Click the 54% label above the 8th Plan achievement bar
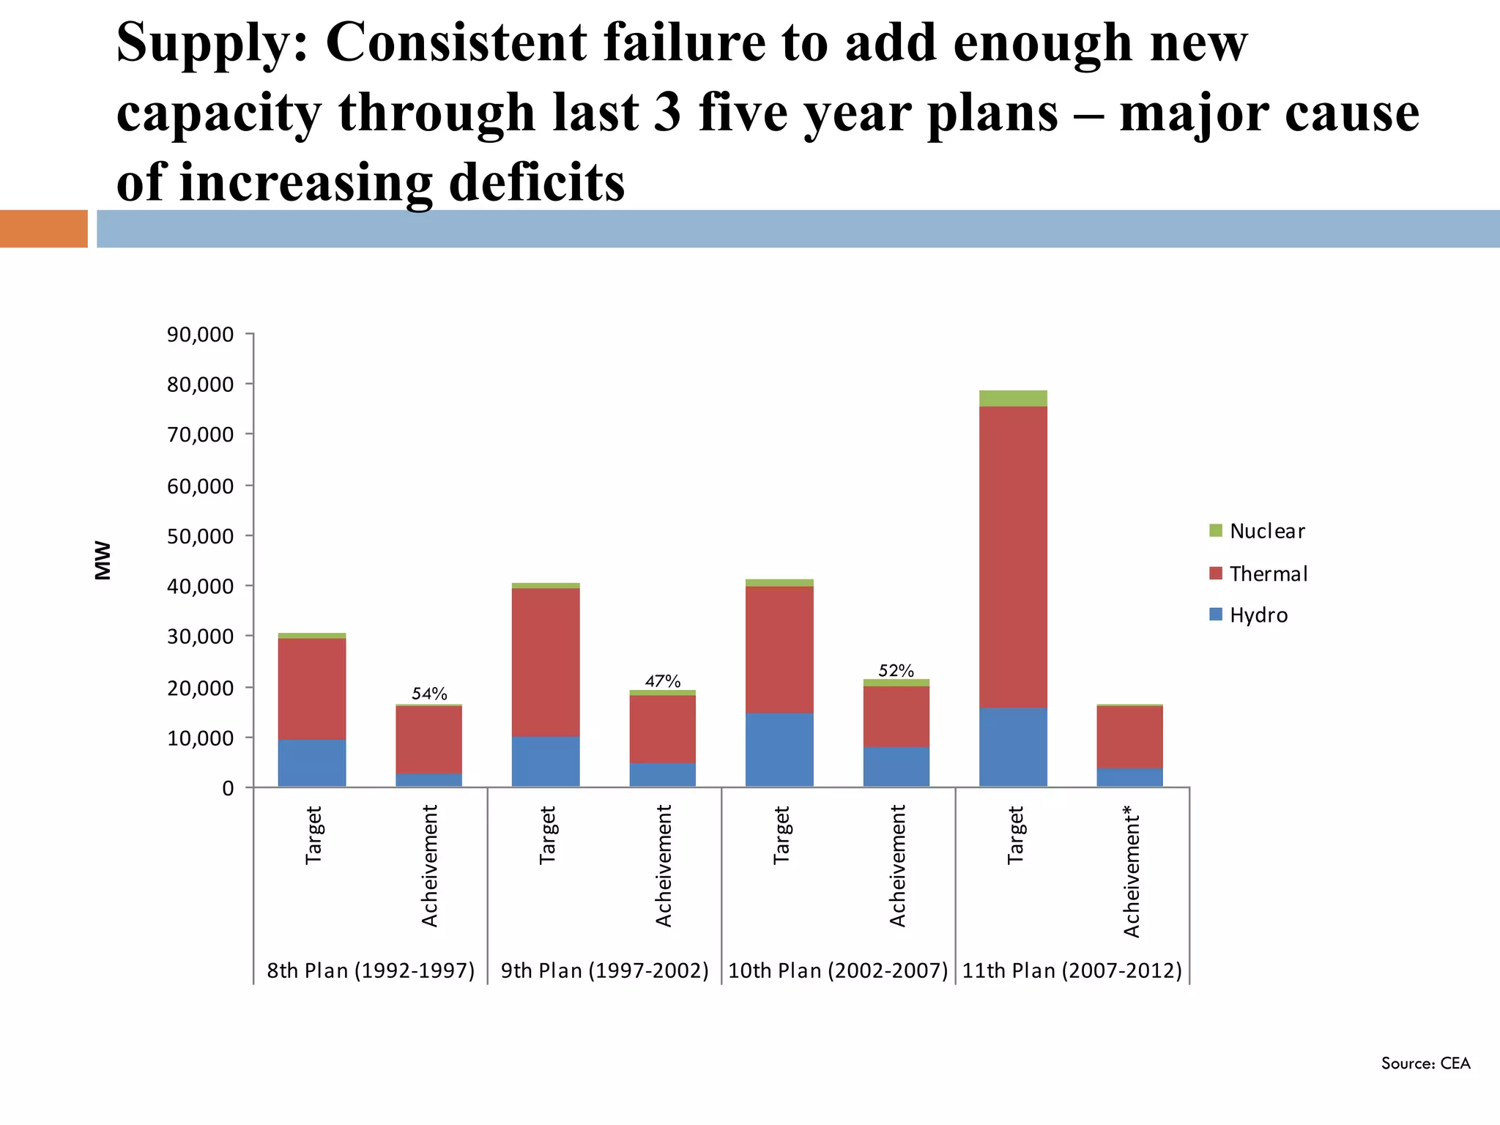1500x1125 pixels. pyautogui.click(x=429, y=693)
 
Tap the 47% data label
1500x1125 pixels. pyautogui.click(x=663, y=681)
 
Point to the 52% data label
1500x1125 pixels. pyautogui.click(x=896, y=670)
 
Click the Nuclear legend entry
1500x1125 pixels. pyautogui.click(x=1266, y=531)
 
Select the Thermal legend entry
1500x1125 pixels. pyautogui.click(x=1268, y=573)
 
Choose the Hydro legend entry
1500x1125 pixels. pyautogui.click(x=1258, y=615)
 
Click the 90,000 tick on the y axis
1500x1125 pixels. pyautogui.click(x=200, y=335)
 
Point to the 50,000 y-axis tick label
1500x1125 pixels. pyautogui.click(x=200, y=536)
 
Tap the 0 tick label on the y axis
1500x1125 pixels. pyautogui.click(x=228, y=788)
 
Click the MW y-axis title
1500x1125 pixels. pyautogui.click(x=103, y=560)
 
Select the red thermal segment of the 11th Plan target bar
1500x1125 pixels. pyautogui.click(x=1013, y=557)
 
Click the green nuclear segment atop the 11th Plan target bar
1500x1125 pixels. pyautogui.click(x=1013, y=398)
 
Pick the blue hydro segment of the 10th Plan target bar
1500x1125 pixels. pyautogui.click(x=779, y=749)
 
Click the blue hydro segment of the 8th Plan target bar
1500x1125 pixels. pyautogui.click(x=312, y=762)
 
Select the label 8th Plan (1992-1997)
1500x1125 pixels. pyautogui.click(x=371, y=970)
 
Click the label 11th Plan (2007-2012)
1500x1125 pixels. pyautogui.click(x=1072, y=970)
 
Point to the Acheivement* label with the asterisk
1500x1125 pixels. pyautogui.click(x=1132, y=871)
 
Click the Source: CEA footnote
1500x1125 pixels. pyautogui.click(x=1425, y=1063)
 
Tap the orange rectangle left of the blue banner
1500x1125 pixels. pyautogui.click(x=44, y=229)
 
